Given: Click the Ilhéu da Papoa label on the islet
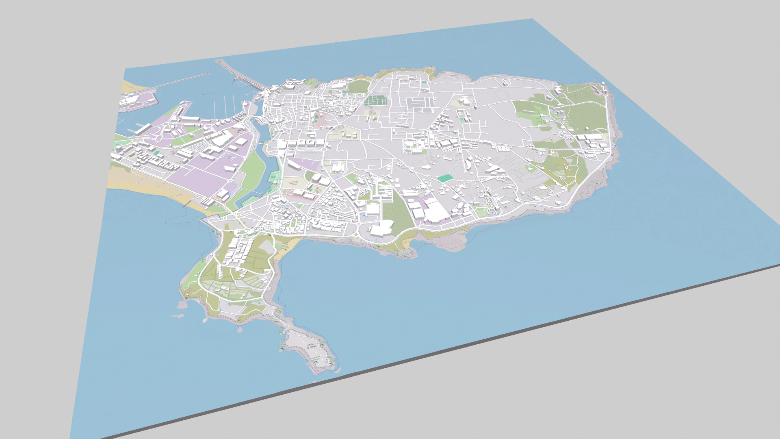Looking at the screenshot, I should (x=311, y=346).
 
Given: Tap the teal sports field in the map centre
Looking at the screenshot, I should (x=445, y=178).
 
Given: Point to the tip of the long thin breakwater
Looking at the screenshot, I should (x=208, y=74).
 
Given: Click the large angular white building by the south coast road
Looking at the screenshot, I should (x=381, y=229).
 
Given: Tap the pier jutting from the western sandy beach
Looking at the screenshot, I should (x=188, y=203).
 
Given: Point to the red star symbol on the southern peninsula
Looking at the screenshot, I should (x=239, y=321).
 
